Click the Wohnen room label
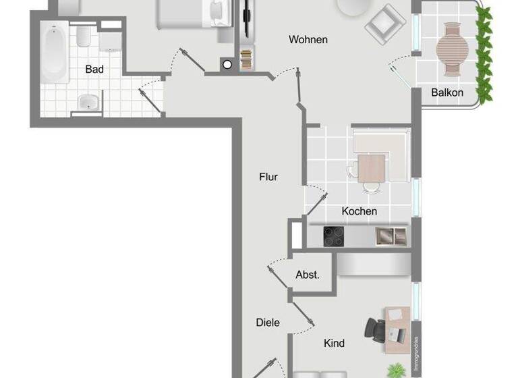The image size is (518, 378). (x=308, y=40)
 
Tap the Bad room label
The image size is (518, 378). (x=94, y=69)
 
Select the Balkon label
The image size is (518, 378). (x=447, y=92)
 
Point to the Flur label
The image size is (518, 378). (x=268, y=178)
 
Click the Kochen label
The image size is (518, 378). (x=359, y=211)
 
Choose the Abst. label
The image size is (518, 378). (x=308, y=275)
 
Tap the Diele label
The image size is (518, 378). (x=268, y=323)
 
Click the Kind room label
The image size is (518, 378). (x=334, y=343)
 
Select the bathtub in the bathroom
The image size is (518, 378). (x=53, y=53)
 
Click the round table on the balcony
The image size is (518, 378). (x=451, y=47)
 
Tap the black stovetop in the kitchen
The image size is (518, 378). (x=334, y=236)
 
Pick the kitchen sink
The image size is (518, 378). (x=391, y=236)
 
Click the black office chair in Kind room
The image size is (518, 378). (x=375, y=328)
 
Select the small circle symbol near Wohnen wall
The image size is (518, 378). (x=227, y=64)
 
